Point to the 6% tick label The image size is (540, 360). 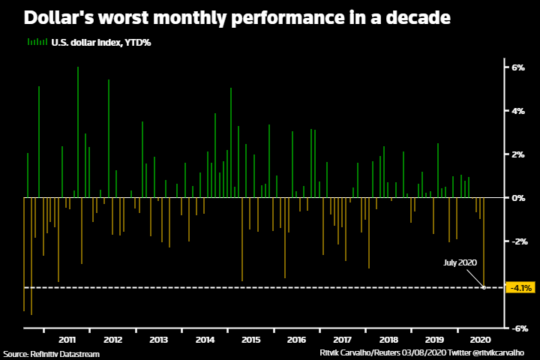(517, 67)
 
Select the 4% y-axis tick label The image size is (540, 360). (517, 111)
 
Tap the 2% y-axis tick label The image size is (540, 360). (517, 154)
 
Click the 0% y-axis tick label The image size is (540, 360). (517, 198)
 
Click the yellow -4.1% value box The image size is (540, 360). (520, 287)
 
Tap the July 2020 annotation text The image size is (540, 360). (460, 262)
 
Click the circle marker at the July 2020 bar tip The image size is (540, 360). (484, 287)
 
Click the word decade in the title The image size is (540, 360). (412, 16)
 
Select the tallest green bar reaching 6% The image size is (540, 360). (78, 132)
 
